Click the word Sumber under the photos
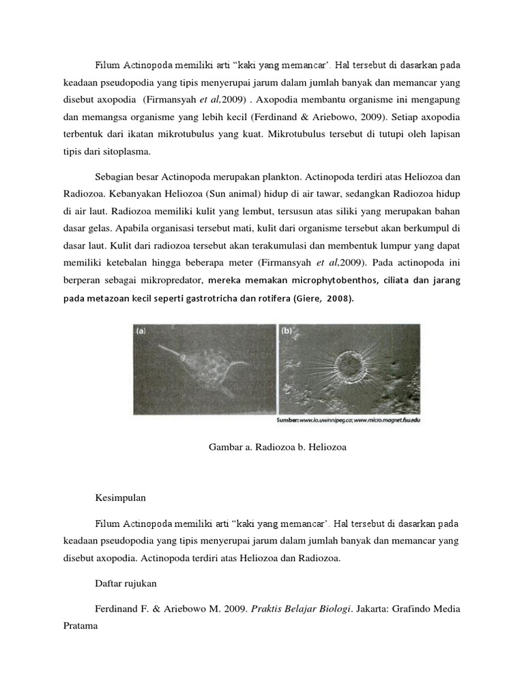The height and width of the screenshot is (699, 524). pyautogui.click(x=300, y=420)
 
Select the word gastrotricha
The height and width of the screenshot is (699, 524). pyautogui.click(x=216, y=298)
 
